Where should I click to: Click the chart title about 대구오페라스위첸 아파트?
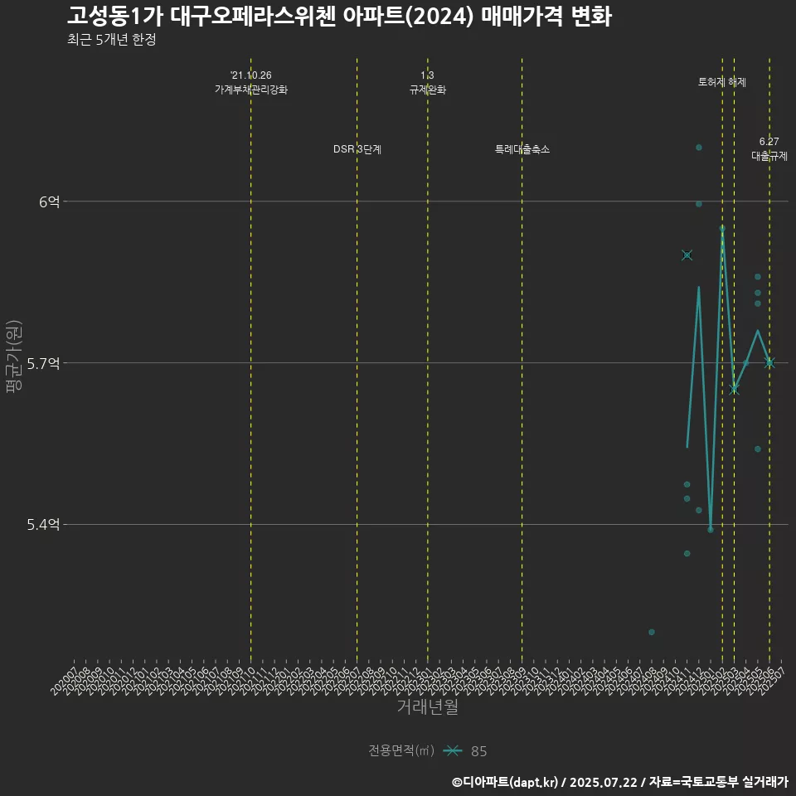pos(339,17)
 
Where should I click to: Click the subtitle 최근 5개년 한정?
pos(112,40)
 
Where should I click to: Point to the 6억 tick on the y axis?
pos(51,201)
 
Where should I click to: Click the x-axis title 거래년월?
pos(427,707)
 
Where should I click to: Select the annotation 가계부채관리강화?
pos(251,90)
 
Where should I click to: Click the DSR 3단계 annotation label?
pos(357,149)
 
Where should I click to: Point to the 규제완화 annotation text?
pos(428,90)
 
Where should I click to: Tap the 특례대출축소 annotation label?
pos(522,149)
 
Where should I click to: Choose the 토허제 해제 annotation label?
pos(722,83)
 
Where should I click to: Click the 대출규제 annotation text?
pos(769,155)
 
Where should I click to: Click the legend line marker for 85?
pos(452,750)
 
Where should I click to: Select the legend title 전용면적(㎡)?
pos(401,750)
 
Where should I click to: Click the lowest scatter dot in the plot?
pos(652,632)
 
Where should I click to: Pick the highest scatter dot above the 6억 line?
pos(699,148)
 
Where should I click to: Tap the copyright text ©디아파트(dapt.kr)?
pos(506,782)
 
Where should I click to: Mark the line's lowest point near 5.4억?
pos(711,529)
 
